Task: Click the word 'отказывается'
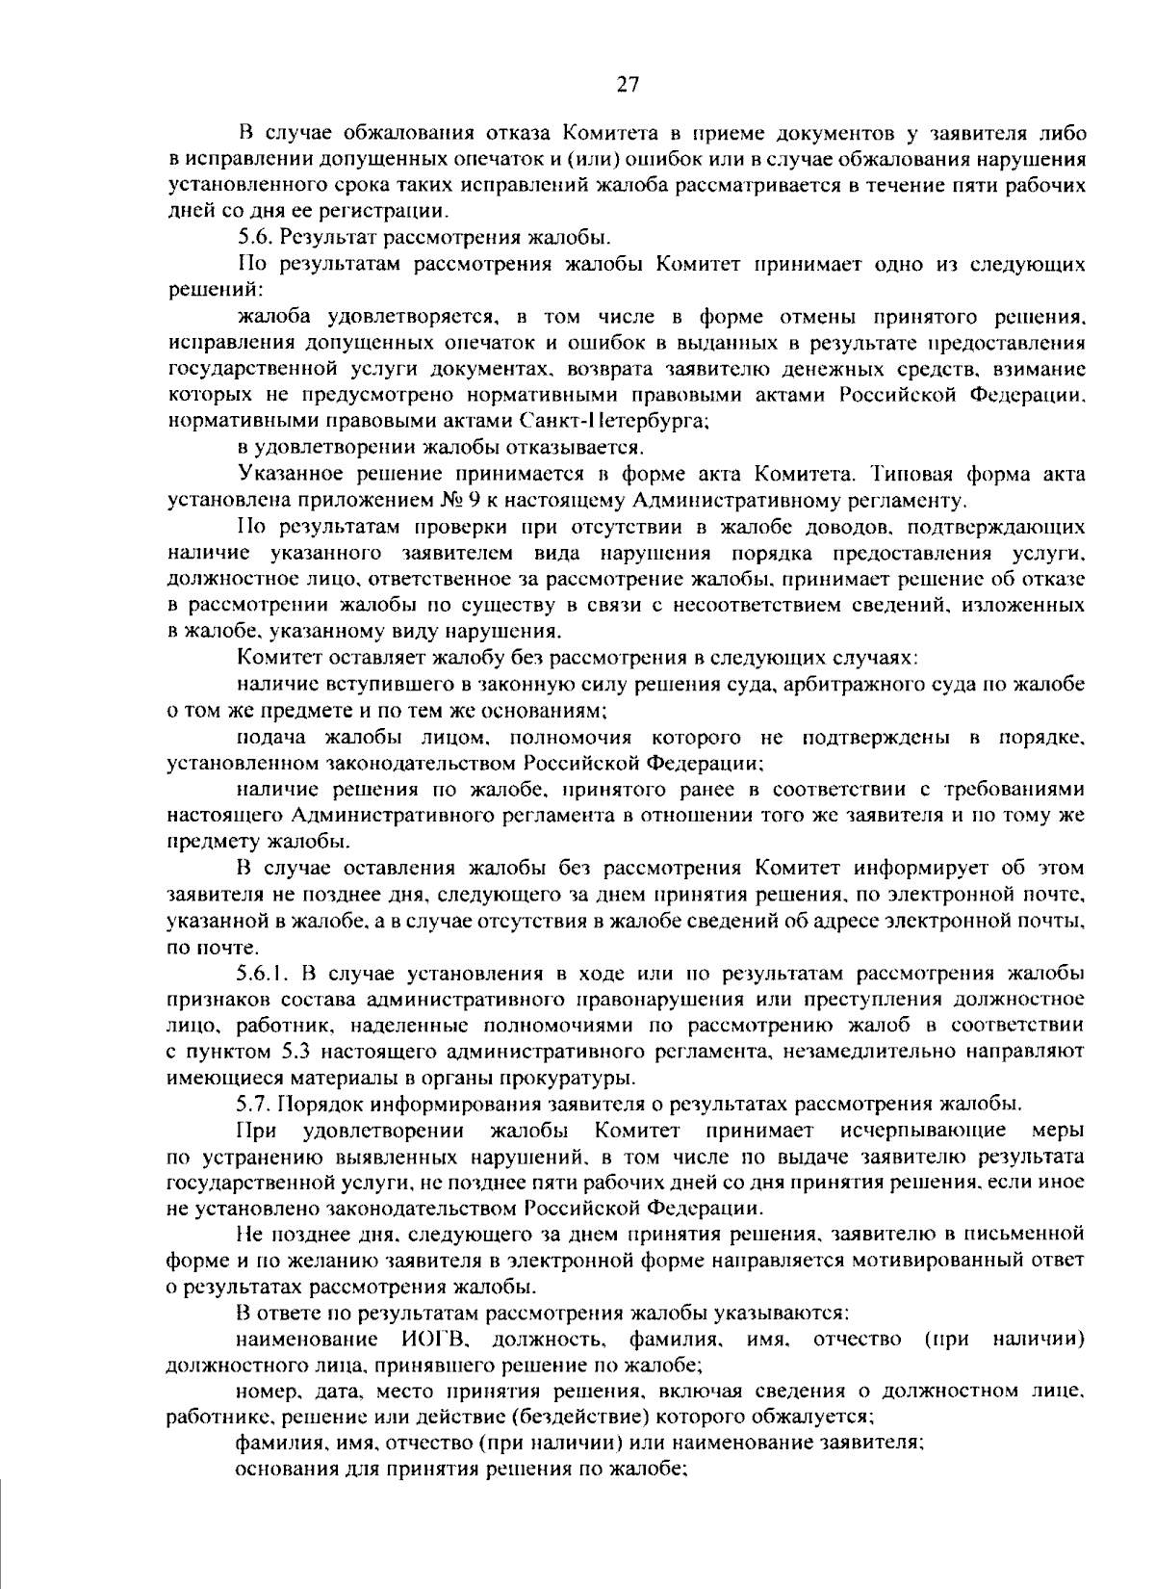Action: [x=577, y=448]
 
